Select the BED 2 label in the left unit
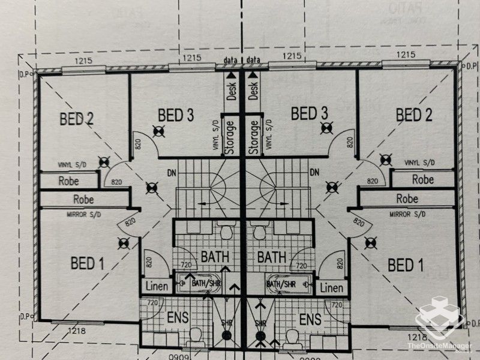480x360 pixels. [76, 118]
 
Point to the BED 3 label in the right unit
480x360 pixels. [308, 113]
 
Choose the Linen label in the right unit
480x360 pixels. [331, 289]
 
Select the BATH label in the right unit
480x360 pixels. [271, 257]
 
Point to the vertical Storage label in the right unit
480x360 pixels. [254, 137]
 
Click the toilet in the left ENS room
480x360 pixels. [196, 338]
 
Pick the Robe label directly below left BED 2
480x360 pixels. [70, 180]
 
